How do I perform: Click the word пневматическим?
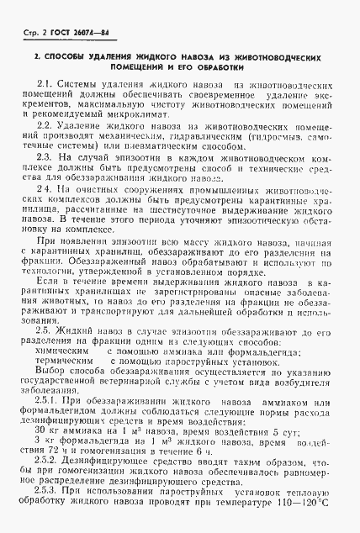click(x=146, y=146)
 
